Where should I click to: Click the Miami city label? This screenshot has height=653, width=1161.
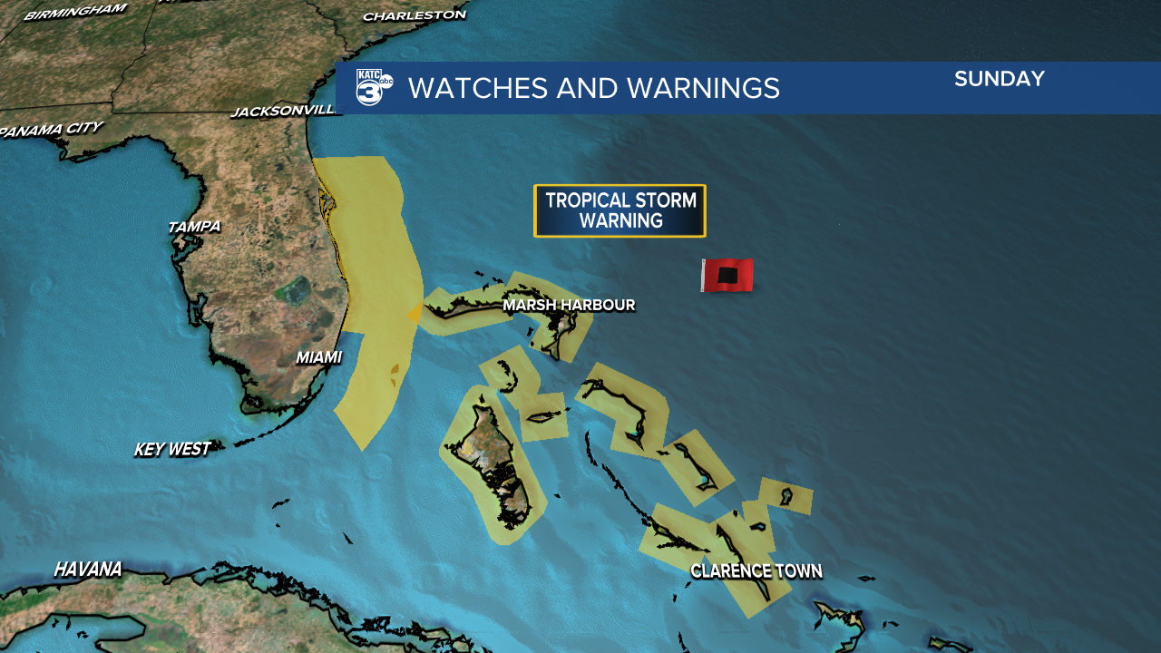tap(318, 358)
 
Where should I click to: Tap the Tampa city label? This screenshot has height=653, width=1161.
tap(194, 227)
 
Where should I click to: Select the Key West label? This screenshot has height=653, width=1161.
tap(172, 449)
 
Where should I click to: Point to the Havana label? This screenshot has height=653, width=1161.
tap(88, 570)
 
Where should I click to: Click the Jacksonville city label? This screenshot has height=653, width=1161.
tap(284, 112)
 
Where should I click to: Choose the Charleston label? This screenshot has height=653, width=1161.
tap(414, 15)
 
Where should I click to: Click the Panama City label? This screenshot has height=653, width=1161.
tap(51, 130)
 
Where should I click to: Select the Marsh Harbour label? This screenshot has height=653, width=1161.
tap(569, 305)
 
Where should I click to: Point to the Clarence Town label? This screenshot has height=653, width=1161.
tap(756, 571)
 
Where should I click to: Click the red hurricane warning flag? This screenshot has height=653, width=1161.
tap(727, 275)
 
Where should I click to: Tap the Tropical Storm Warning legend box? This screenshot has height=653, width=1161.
tap(620, 210)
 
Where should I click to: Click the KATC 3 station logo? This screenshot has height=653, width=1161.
tap(373, 88)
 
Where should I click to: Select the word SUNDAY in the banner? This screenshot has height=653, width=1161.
tap(999, 79)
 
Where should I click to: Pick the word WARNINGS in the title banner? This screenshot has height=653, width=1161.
tap(703, 88)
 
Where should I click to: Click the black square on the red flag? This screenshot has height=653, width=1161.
tap(728, 275)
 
